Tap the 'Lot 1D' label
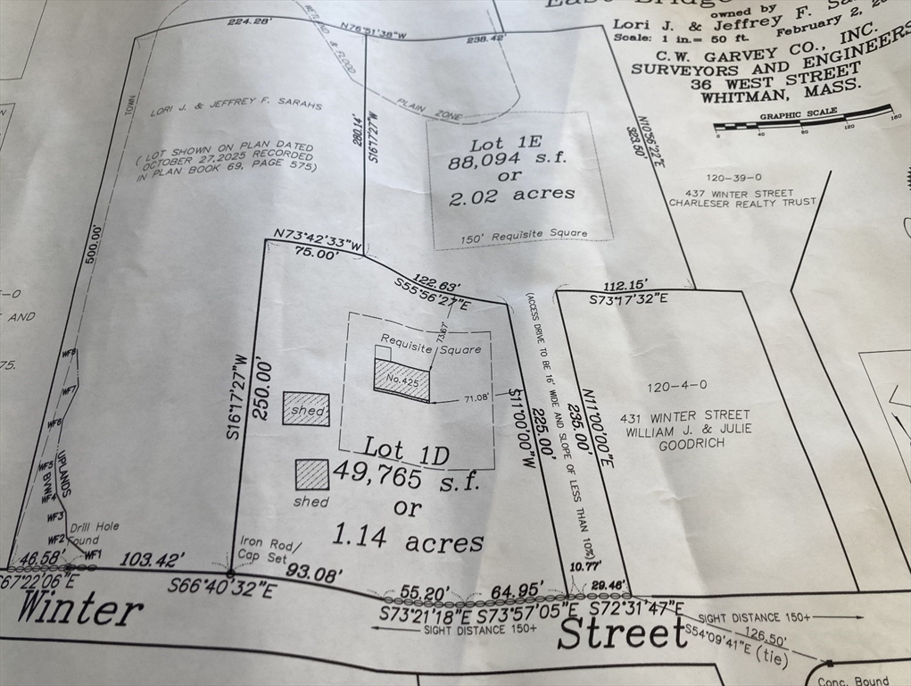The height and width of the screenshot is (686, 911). (405, 449)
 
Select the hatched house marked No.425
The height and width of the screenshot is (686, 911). (402, 380)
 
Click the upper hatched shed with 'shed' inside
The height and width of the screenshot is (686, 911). (306, 409)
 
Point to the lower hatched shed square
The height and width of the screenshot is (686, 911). (312, 474)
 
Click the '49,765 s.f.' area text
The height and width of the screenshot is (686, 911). (406, 479)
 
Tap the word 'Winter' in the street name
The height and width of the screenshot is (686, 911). (79, 610)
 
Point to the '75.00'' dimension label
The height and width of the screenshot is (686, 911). (314, 254)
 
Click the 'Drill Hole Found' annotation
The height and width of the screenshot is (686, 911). (93, 533)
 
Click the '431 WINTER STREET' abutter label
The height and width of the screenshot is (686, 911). (687, 415)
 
